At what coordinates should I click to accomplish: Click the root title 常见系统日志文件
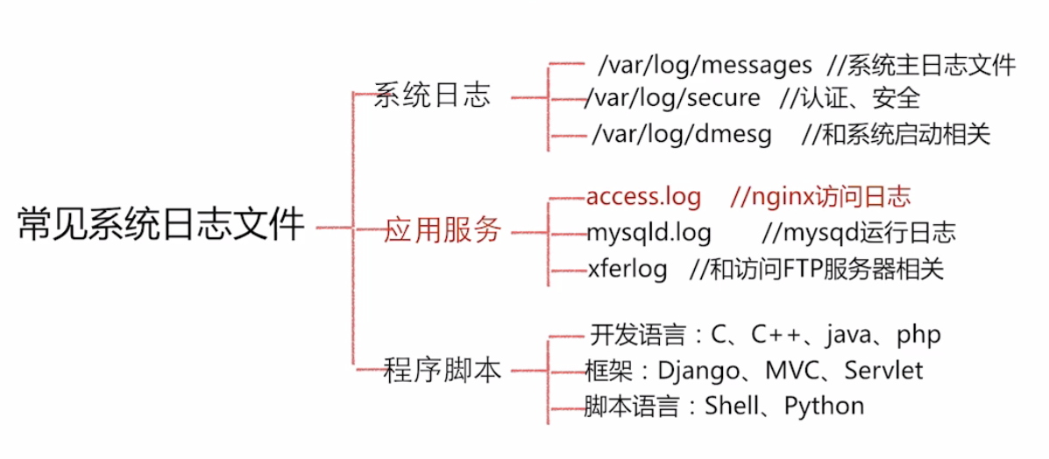pos(161,226)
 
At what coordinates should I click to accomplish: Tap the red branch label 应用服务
pos(443,230)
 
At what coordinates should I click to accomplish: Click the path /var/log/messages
pos(705,65)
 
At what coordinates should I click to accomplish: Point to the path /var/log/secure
pos(673,97)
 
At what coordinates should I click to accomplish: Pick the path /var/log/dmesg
pos(682,134)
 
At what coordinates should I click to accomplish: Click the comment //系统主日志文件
pos(921,65)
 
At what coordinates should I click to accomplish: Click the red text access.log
pos(644,197)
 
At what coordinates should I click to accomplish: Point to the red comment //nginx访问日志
pos(820,197)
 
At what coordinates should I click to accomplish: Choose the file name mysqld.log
pos(649,233)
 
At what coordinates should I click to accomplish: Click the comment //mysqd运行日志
pos(859,233)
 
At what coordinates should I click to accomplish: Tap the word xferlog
pos(627,268)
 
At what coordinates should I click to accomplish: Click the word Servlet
pos(883,371)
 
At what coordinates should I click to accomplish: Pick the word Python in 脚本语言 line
pos(824,406)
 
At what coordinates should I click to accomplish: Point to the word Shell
pos(734,406)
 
